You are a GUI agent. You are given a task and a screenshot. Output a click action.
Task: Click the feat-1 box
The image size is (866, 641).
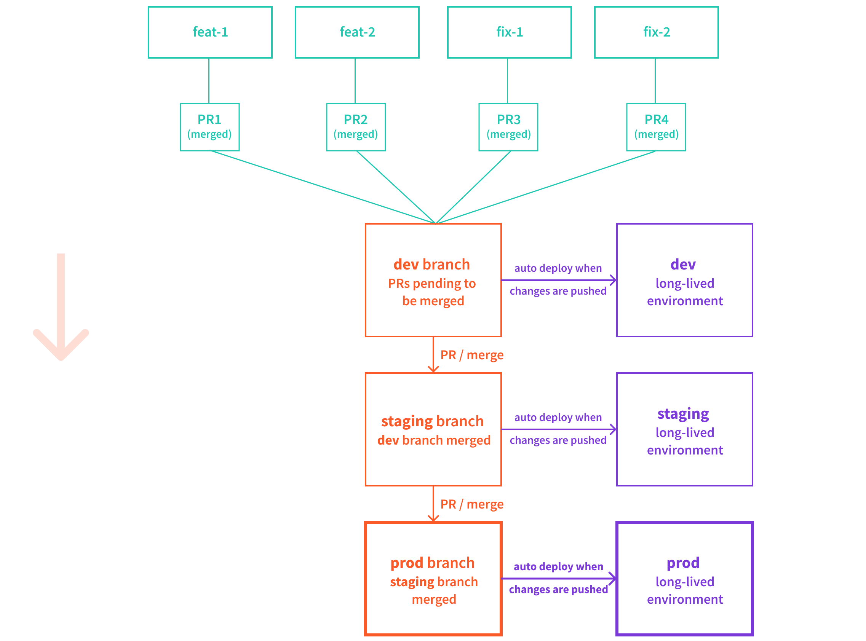click(x=210, y=32)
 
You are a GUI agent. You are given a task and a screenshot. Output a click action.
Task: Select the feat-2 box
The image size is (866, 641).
click(x=357, y=32)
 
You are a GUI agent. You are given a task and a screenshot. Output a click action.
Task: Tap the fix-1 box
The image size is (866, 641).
click(x=509, y=32)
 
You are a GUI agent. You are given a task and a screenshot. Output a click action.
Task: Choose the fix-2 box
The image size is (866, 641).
click(x=656, y=32)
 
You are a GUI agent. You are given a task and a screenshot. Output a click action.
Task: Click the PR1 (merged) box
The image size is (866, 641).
click(x=209, y=127)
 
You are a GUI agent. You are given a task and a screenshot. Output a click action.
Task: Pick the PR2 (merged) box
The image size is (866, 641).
click(x=356, y=127)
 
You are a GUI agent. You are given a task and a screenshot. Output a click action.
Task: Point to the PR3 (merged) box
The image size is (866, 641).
click(x=508, y=127)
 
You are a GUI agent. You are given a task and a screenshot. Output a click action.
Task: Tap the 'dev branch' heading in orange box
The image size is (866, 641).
click(x=431, y=265)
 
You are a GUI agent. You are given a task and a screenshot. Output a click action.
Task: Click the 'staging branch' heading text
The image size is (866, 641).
click(x=432, y=421)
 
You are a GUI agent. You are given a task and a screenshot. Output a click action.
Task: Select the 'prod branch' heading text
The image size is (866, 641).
click(x=432, y=563)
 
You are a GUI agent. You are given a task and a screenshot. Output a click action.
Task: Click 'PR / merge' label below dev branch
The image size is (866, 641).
click(x=471, y=355)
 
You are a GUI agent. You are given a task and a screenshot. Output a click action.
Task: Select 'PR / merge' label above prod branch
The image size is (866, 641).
click(x=471, y=504)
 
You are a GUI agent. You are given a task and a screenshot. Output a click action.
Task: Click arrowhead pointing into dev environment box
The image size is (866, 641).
click(x=613, y=280)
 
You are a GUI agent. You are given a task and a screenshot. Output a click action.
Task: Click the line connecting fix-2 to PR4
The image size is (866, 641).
click(x=655, y=81)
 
